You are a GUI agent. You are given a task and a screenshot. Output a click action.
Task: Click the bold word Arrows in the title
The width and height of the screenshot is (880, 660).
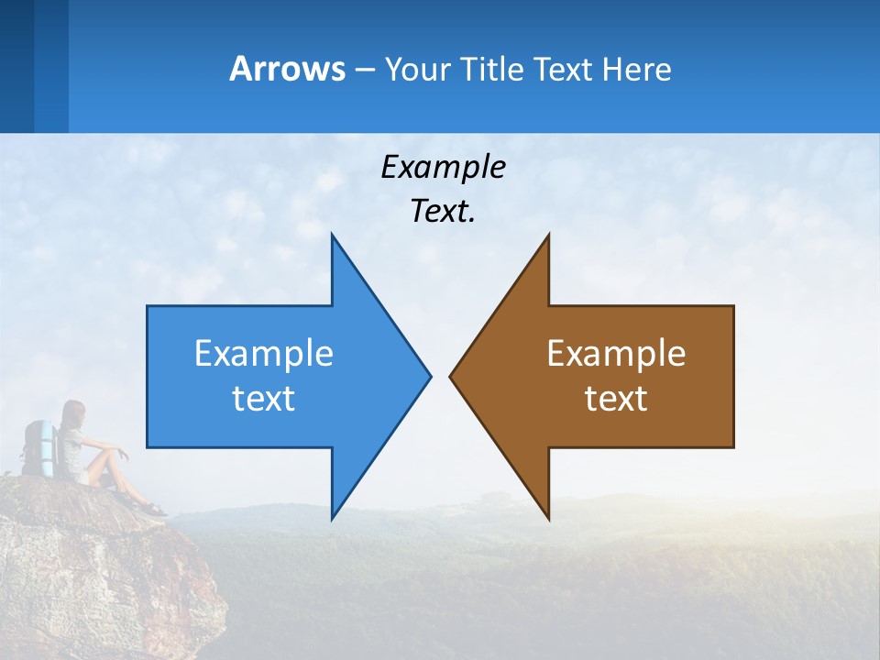point(287,69)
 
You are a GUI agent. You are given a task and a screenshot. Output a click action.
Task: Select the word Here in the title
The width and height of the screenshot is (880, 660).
point(637,69)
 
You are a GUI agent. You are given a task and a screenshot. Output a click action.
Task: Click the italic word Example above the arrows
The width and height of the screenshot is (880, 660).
point(443,167)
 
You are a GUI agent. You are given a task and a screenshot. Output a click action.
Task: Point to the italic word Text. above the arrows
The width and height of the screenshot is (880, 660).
point(443,211)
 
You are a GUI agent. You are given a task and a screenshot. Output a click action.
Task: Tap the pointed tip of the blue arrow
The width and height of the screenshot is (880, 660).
point(427,376)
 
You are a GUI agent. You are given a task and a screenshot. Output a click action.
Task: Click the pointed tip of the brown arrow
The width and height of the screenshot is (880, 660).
point(453,376)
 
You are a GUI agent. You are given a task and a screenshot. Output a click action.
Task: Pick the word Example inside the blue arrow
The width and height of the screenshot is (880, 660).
point(264,353)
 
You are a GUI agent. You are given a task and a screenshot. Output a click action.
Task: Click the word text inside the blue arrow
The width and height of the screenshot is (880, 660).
point(264,398)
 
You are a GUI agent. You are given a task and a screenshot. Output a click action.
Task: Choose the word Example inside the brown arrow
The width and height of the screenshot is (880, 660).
point(616,353)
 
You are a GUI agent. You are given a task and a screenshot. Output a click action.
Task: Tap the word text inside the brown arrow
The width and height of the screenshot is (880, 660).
point(616,398)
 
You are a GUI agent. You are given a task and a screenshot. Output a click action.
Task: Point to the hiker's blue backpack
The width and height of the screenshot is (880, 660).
point(38,447)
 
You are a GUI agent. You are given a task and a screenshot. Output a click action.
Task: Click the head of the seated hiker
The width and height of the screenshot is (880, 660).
point(74,412)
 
